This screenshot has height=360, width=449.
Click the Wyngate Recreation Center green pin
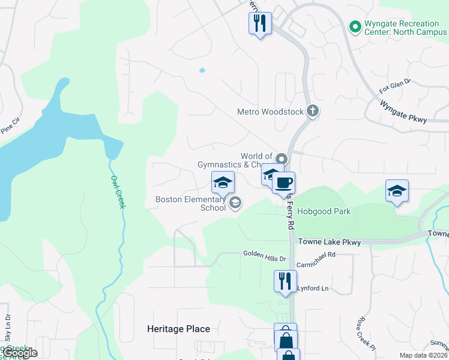[x=355, y=26]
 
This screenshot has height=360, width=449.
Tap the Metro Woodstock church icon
[x=312, y=111]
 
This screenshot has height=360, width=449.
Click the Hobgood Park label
[x=322, y=211]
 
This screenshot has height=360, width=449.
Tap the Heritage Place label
[x=179, y=329]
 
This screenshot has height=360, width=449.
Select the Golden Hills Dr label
[x=265, y=254]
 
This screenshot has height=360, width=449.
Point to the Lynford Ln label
[x=313, y=289]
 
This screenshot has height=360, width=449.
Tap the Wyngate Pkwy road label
[x=403, y=112]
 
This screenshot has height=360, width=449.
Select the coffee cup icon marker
[x=284, y=182]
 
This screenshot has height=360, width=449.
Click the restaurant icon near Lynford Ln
[x=285, y=280]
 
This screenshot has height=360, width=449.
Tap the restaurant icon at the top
[x=260, y=23]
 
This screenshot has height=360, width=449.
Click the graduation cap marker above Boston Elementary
[x=223, y=182]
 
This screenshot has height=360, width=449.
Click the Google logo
[x=19, y=353]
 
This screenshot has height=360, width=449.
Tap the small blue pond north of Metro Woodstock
[x=202, y=70]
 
